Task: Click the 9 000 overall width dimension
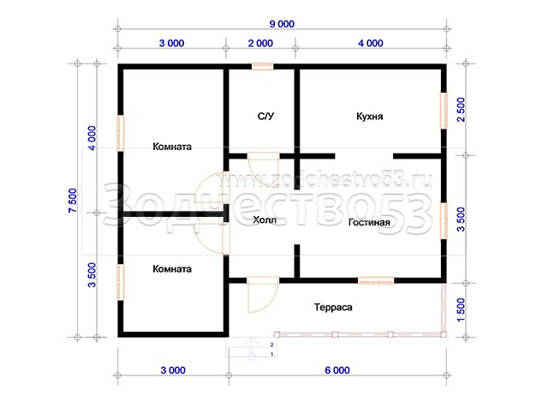(x=282, y=24)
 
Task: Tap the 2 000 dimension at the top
(x=260, y=44)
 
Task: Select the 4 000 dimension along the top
(x=371, y=44)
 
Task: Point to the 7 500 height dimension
(x=73, y=201)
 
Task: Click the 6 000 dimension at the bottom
(x=337, y=370)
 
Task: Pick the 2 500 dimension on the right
(x=462, y=110)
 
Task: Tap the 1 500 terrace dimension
(x=462, y=310)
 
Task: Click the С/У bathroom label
(x=266, y=116)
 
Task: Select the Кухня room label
(x=369, y=116)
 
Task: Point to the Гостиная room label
(x=369, y=222)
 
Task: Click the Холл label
(x=265, y=220)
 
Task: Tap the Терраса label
(x=333, y=308)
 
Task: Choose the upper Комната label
(x=172, y=147)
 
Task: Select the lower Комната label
(x=172, y=268)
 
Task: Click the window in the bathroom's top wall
(x=263, y=67)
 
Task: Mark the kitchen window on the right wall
(x=444, y=111)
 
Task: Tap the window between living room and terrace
(x=376, y=280)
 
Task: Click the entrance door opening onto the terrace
(x=263, y=295)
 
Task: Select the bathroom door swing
(x=263, y=169)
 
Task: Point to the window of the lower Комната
(x=120, y=282)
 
